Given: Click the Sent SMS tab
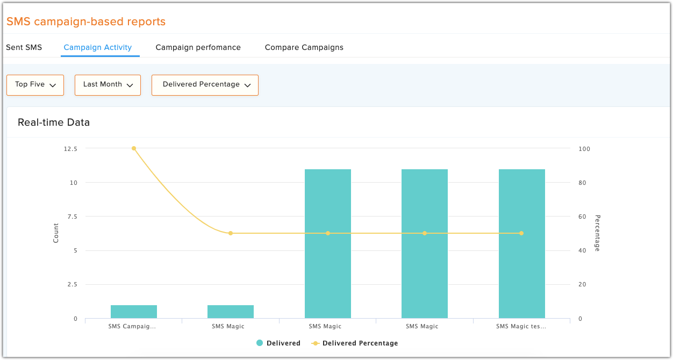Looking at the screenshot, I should (x=24, y=47).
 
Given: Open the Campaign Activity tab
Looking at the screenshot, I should (x=98, y=47).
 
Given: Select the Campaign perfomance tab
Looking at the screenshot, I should (x=198, y=47).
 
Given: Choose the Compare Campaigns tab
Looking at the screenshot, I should (x=304, y=47).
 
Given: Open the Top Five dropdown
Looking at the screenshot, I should (x=35, y=85).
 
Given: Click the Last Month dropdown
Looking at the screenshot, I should (x=108, y=85).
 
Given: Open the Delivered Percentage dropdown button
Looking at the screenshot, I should (x=205, y=85).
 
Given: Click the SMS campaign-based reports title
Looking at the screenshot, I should (x=86, y=22).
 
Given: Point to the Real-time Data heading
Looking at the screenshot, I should (x=54, y=123).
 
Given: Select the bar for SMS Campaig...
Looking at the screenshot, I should (x=134, y=312).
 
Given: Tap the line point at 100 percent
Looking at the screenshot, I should (x=134, y=148).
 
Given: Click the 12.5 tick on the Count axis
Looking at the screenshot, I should (x=70, y=149).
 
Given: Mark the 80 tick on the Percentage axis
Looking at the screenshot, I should (x=582, y=183).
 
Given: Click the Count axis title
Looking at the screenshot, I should (x=56, y=233).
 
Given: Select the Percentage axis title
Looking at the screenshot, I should (x=597, y=233).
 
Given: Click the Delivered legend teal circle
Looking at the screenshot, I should (x=260, y=343).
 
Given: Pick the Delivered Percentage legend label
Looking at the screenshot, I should (x=360, y=343).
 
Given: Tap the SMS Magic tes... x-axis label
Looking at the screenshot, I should (x=521, y=326).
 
